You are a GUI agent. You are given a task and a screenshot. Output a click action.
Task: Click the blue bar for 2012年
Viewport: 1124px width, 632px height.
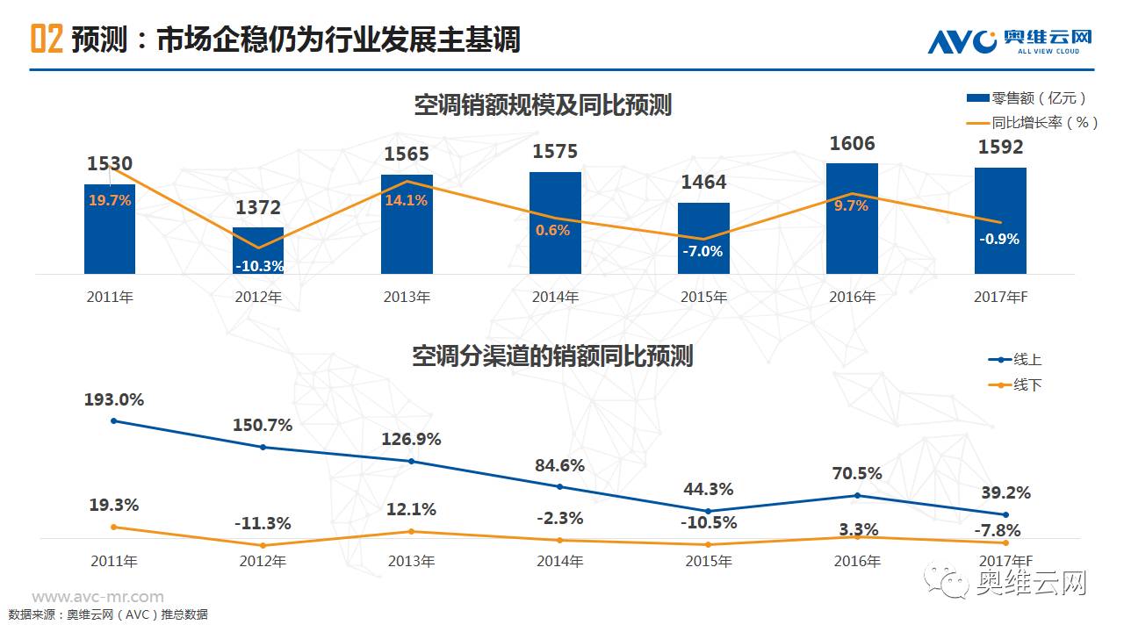tap(258, 250)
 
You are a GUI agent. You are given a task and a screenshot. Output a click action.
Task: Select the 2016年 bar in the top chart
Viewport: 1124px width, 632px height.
tap(853, 219)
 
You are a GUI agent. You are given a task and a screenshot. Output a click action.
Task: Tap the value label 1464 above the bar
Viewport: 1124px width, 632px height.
tap(704, 183)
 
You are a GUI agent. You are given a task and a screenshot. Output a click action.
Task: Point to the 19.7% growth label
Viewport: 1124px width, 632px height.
tap(110, 200)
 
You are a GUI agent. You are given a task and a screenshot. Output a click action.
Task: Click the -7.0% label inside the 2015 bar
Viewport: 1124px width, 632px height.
tap(703, 251)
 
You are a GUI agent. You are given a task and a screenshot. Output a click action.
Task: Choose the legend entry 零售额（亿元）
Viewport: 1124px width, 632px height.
tap(1027, 97)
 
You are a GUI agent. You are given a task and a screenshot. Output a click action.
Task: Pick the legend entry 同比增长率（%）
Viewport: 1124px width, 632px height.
tap(1032, 123)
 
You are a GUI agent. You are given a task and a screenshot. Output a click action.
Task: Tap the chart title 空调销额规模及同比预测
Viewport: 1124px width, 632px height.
tap(543, 105)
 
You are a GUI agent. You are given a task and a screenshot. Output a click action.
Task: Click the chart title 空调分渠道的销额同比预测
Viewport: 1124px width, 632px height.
tap(552, 355)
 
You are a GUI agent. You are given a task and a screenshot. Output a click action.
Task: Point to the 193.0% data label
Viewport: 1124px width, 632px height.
tap(114, 399)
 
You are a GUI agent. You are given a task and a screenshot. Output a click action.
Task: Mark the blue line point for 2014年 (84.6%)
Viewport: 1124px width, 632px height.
tap(560, 486)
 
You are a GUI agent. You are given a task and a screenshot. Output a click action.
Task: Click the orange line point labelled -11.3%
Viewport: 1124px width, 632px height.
tap(263, 545)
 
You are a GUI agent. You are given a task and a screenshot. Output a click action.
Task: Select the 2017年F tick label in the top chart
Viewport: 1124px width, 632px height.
tap(1000, 298)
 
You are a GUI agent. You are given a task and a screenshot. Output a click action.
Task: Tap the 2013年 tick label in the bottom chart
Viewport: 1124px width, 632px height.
tap(411, 561)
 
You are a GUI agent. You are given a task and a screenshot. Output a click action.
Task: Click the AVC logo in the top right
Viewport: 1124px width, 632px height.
tap(1010, 40)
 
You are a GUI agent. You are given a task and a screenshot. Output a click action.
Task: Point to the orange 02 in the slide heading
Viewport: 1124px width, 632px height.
tap(47, 39)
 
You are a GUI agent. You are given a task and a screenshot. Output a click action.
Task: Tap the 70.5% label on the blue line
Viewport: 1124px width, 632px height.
tap(857, 474)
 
